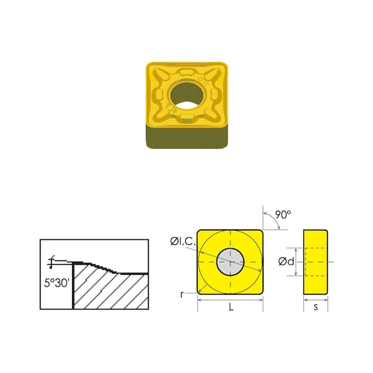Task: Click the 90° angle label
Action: pyautogui.click(x=283, y=214)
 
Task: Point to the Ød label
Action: pyautogui.click(x=287, y=262)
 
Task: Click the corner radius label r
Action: pyautogui.click(x=182, y=294)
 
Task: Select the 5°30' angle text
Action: pyautogui.click(x=55, y=282)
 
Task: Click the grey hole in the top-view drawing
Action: pyautogui.click(x=231, y=262)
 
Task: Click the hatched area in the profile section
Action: pyautogui.click(x=112, y=289)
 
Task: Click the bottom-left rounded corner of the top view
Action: pyautogui.click(x=201, y=292)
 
